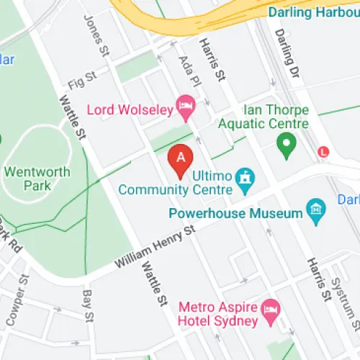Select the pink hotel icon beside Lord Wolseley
tap(186, 107)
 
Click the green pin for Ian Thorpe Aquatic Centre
tap(286, 147)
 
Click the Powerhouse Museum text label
tap(234, 213)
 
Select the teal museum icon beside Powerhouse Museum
tap(315, 210)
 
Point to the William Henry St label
tap(155, 248)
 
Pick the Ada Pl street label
tap(189, 70)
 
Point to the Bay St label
tap(89, 306)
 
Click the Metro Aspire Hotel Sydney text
tap(217, 312)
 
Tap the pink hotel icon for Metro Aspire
tap(270, 311)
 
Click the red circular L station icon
tap(325, 152)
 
